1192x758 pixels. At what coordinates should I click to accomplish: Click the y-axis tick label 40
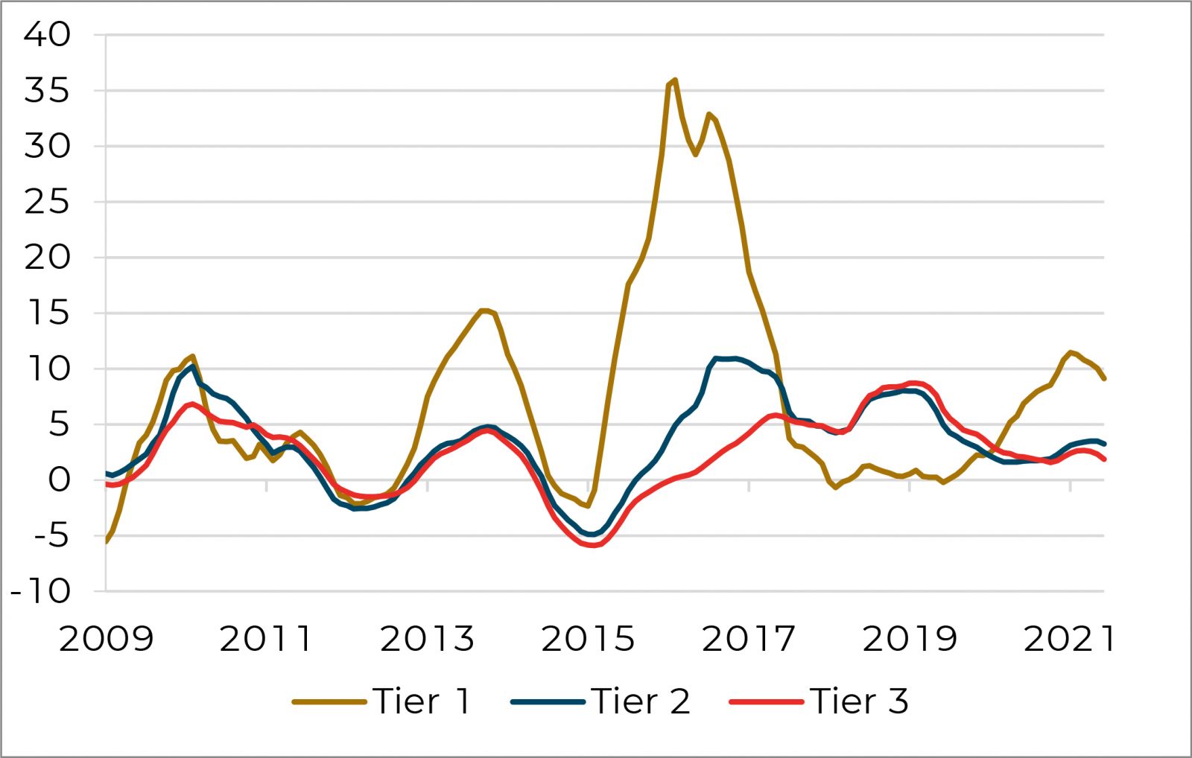click(x=47, y=34)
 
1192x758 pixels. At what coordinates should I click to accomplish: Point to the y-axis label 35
click(x=47, y=91)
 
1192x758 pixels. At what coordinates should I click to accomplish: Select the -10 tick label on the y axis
click(x=40, y=592)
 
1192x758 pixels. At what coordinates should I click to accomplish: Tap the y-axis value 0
click(x=59, y=480)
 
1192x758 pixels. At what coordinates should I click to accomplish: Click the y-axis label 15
click(x=47, y=313)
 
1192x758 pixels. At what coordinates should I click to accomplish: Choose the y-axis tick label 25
click(x=47, y=202)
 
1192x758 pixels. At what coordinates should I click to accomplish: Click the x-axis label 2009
click(x=106, y=639)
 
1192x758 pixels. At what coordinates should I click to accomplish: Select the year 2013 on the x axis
click(x=427, y=639)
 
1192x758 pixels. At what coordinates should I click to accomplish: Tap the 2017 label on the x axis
click(x=748, y=639)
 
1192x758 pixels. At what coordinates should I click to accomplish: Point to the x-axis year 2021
click(x=1069, y=639)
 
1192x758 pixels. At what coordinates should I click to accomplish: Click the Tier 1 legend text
click(x=422, y=701)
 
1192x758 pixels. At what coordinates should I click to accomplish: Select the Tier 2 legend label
click(x=641, y=701)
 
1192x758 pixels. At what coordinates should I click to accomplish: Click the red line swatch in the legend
click(x=766, y=701)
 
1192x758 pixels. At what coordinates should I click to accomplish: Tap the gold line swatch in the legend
click(x=329, y=701)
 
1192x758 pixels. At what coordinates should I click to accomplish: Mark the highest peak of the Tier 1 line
click(x=675, y=80)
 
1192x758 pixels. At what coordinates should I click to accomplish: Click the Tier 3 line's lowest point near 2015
click(x=592, y=546)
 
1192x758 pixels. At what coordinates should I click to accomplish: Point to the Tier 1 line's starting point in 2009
click(x=106, y=541)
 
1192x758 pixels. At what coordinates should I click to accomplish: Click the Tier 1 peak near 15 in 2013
click(x=484, y=310)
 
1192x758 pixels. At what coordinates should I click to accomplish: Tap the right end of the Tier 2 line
click(x=1103, y=444)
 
